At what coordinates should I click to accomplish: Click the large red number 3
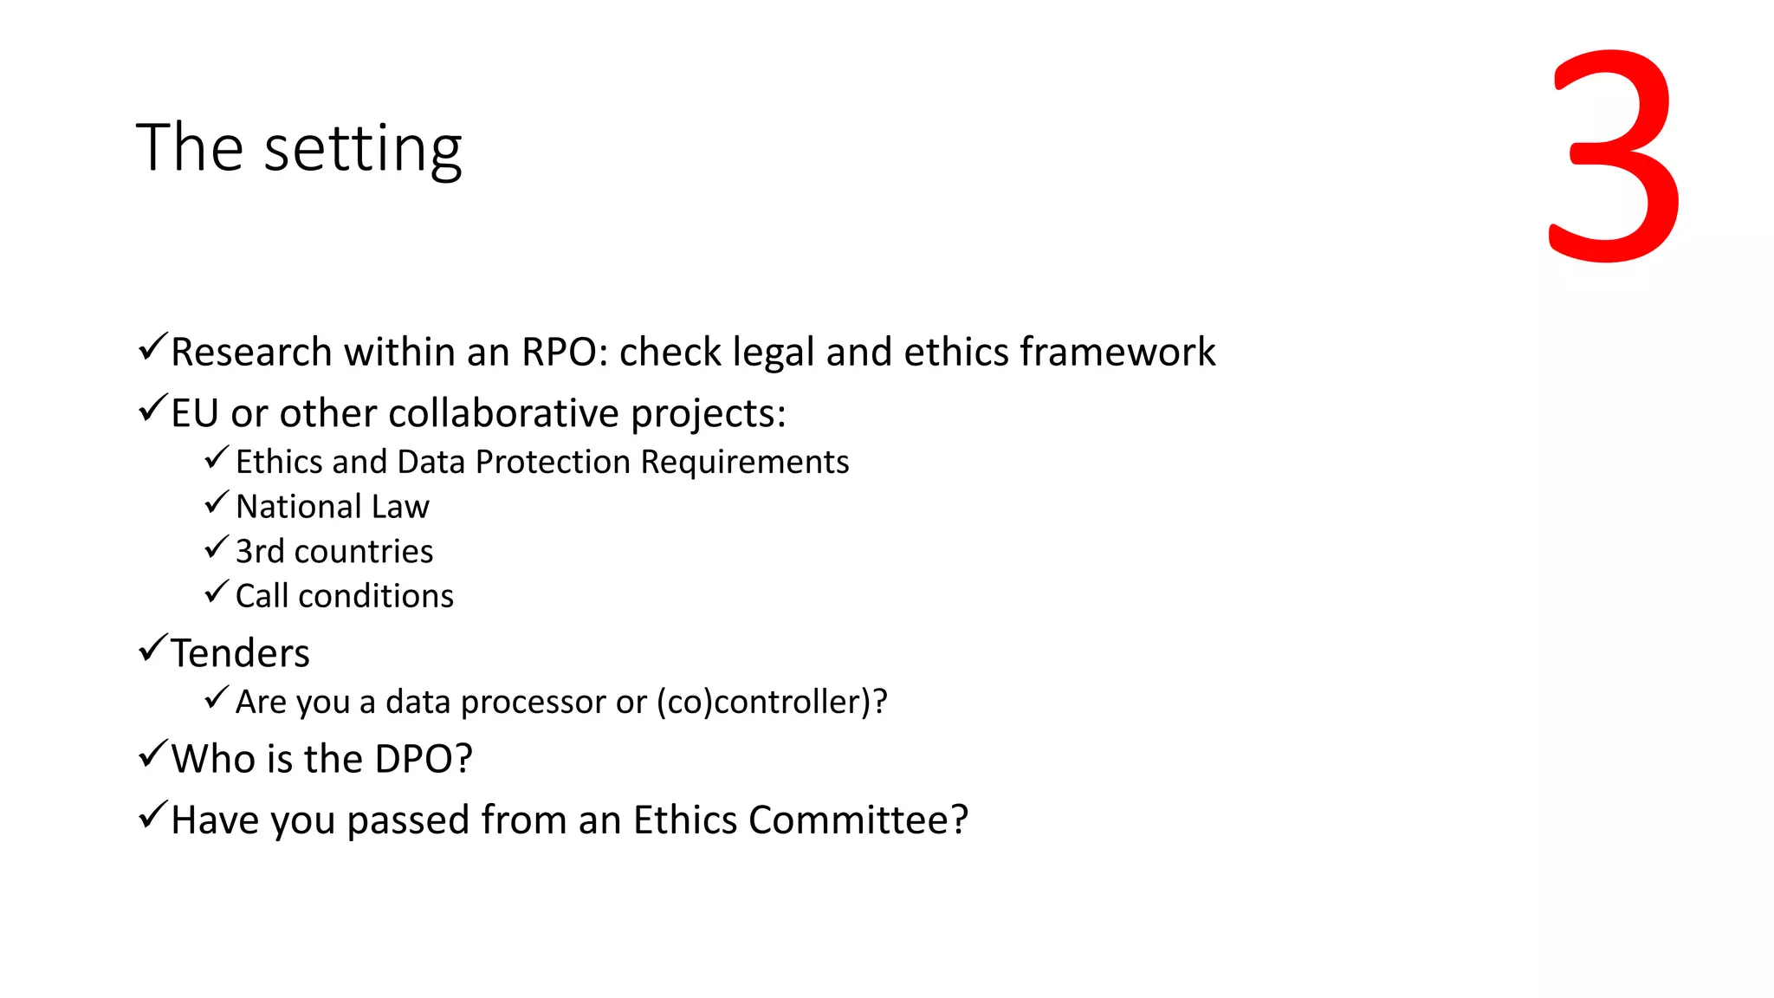pyautogui.click(x=1613, y=156)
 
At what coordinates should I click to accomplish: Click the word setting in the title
pyautogui.click(x=363, y=149)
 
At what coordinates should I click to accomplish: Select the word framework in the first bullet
pyautogui.click(x=1117, y=352)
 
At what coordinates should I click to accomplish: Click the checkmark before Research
pyautogui.click(x=152, y=347)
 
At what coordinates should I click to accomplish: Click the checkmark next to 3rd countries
pyautogui.click(x=217, y=548)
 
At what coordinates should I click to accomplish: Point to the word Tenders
pyautogui.click(x=240, y=653)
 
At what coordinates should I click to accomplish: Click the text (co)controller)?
pyautogui.click(x=772, y=702)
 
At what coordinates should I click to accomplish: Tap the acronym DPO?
pyautogui.click(x=424, y=759)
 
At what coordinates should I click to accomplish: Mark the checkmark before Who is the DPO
pyautogui.click(x=152, y=755)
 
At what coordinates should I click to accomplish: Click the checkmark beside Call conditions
pyautogui.click(x=217, y=593)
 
